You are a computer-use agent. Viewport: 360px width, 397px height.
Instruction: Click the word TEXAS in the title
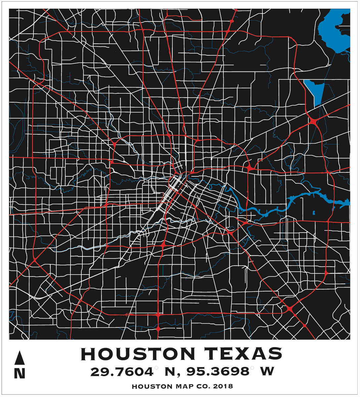click(x=244, y=354)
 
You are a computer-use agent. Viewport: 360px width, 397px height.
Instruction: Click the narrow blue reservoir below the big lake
click(x=314, y=91)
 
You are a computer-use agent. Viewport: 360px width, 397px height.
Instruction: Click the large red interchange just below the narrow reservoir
click(x=313, y=122)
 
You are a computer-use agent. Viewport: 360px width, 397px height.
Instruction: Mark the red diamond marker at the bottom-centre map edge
click(x=158, y=329)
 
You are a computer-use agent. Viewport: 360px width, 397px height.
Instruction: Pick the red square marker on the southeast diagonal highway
click(x=304, y=326)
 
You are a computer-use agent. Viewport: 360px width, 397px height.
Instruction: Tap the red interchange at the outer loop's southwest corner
click(x=34, y=260)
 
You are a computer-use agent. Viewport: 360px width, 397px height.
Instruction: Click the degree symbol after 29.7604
click(x=157, y=368)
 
